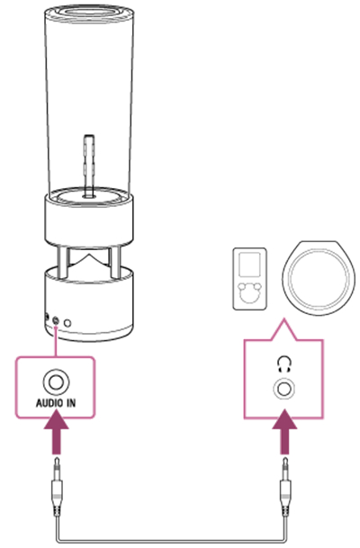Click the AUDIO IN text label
point(56,402)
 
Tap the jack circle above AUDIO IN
point(56,382)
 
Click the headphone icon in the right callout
point(283,364)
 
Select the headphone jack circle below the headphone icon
point(283,389)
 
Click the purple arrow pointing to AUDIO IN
point(56,432)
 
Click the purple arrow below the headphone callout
point(284,432)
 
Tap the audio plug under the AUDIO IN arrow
point(57,486)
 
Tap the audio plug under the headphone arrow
point(285,486)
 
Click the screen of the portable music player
point(249,265)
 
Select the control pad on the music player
point(249,291)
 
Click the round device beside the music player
point(319,278)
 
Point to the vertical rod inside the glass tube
point(89,166)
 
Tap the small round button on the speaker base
point(67,323)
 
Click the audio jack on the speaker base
point(56,320)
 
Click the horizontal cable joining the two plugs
point(171,542)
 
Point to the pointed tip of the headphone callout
point(283,319)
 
